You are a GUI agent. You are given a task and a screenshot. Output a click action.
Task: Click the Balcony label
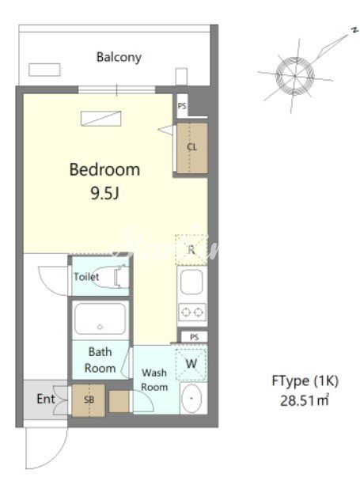point(119,57)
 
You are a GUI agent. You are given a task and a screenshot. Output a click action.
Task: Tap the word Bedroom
point(104,169)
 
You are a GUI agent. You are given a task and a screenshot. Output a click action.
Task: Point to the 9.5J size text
point(105,193)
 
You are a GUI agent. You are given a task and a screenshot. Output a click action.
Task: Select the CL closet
point(191,148)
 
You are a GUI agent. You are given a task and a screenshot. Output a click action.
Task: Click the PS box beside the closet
point(182,106)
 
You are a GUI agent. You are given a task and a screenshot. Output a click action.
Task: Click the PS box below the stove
point(194,337)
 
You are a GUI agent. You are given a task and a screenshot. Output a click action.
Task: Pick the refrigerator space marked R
point(191,249)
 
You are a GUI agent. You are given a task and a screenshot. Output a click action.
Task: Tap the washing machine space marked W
point(191,364)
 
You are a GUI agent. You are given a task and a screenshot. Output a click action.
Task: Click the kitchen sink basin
point(191,282)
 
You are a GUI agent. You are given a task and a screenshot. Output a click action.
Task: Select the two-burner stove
point(191,313)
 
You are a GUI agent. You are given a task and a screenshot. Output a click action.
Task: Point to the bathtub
point(100,319)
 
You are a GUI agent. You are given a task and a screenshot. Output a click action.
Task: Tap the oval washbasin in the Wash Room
point(191,398)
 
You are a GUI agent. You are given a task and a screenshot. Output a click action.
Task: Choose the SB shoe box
point(89,400)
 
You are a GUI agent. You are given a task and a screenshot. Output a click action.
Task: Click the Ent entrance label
point(46,399)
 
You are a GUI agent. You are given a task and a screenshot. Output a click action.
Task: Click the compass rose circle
point(295,76)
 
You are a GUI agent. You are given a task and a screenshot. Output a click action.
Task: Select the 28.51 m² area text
point(305,400)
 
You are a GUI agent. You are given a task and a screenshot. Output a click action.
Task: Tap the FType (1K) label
point(305,381)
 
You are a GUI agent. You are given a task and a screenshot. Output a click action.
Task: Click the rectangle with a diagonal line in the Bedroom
point(100,119)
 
